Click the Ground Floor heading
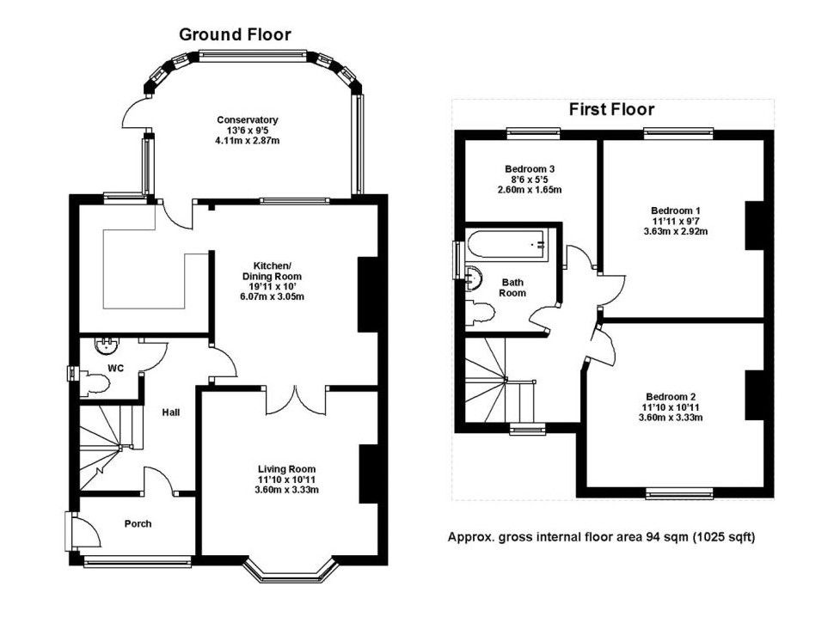point(235,34)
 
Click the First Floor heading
point(611,109)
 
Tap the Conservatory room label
point(248,120)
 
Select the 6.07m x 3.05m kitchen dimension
point(273,296)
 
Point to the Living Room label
point(286,469)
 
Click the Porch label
point(138,523)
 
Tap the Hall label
point(171,412)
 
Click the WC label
point(116,368)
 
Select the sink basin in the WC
point(107,345)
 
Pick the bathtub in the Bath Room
point(507,246)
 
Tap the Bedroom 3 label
point(530,169)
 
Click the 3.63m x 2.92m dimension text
point(676,231)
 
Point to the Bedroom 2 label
point(671,396)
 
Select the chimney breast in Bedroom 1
point(754,225)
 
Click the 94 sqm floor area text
point(601,537)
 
